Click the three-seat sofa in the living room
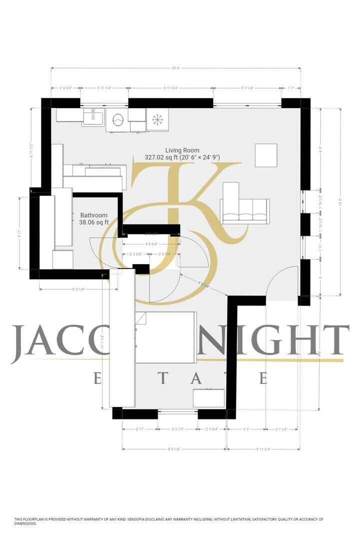click(245, 208)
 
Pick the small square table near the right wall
click(266, 155)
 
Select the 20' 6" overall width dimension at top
click(175, 68)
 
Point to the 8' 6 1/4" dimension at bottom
click(174, 449)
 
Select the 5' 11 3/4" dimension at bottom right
click(263, 449)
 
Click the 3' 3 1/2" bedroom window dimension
click(177, 429)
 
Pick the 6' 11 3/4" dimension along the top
click(171, 87)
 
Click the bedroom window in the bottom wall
click(177, 412)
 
